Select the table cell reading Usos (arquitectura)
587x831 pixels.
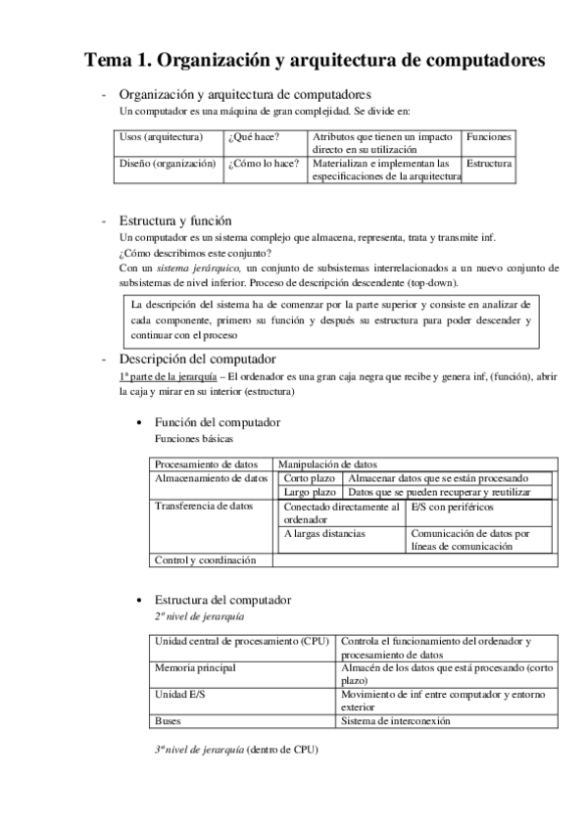coord(161,137)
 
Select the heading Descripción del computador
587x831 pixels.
coord(197,359)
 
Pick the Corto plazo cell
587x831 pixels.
coord(310,477)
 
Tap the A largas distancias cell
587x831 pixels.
coord(325,534)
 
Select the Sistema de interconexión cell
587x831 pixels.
coord(395,720)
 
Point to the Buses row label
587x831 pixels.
coord(168,720)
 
